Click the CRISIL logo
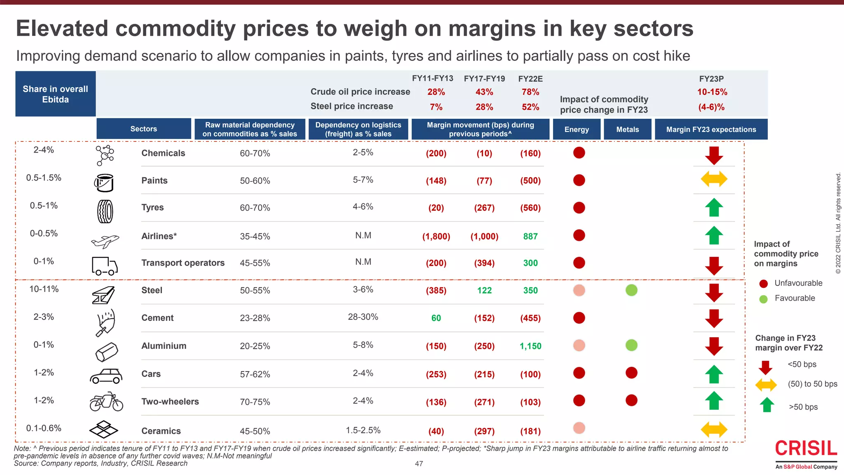tap(806, 449)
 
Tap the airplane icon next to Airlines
tap(105, 240)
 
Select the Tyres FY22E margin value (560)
tap(530, 208)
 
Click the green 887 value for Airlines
tap(530, 236)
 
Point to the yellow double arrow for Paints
tap(714, 179)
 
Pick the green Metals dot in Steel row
tap(631, 290)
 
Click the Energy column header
tap(577, 129)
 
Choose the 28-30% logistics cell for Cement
tap(363, 317)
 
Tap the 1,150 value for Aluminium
tap(530, 346)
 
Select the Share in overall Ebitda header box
tap(55, 94)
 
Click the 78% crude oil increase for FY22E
tap(530, 92)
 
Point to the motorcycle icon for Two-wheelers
tap(106, 402)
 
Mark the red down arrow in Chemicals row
tap(714, 155)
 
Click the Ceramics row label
tap(161, 431)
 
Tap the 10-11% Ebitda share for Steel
tap(44, 289)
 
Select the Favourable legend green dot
tap(763, 299)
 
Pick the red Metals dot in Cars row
tap(631, 373)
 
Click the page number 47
tap(419, 463)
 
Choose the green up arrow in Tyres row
tap(714, 207)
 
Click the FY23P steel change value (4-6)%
tap(711, 107)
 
